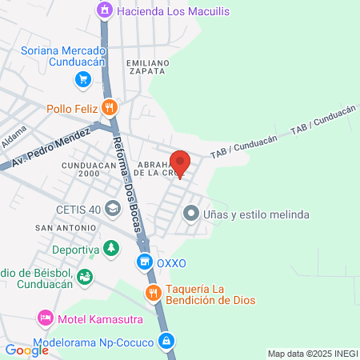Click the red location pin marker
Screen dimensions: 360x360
(180, 163)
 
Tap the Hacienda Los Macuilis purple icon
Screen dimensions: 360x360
(104, 10)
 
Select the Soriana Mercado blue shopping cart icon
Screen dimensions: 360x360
(82, 79)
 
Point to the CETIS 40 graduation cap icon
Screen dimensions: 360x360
(113, 210)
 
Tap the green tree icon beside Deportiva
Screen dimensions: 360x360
(112, 250)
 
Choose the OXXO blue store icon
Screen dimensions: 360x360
(144, 261)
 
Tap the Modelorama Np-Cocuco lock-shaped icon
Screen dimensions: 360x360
(166, 339)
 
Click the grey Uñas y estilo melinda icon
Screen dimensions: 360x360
(190, 214)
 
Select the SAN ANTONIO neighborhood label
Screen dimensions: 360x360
(58, 228)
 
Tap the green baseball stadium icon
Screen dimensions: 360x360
(85, 276)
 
